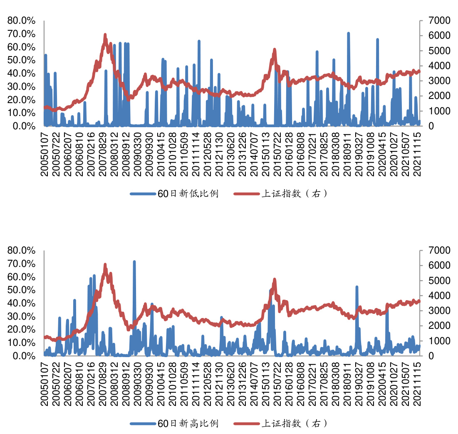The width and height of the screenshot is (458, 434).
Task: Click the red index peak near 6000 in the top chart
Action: pyautogui.click(x=105, y=35)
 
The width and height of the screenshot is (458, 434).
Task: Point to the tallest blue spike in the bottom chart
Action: pyautogui.click(x=134, y=262)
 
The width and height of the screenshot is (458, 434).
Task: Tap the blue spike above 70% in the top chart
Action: pyautogui.click(x=348, y=33)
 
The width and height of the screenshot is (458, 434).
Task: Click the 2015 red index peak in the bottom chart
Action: pyautogui.click(x=275, y=279)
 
